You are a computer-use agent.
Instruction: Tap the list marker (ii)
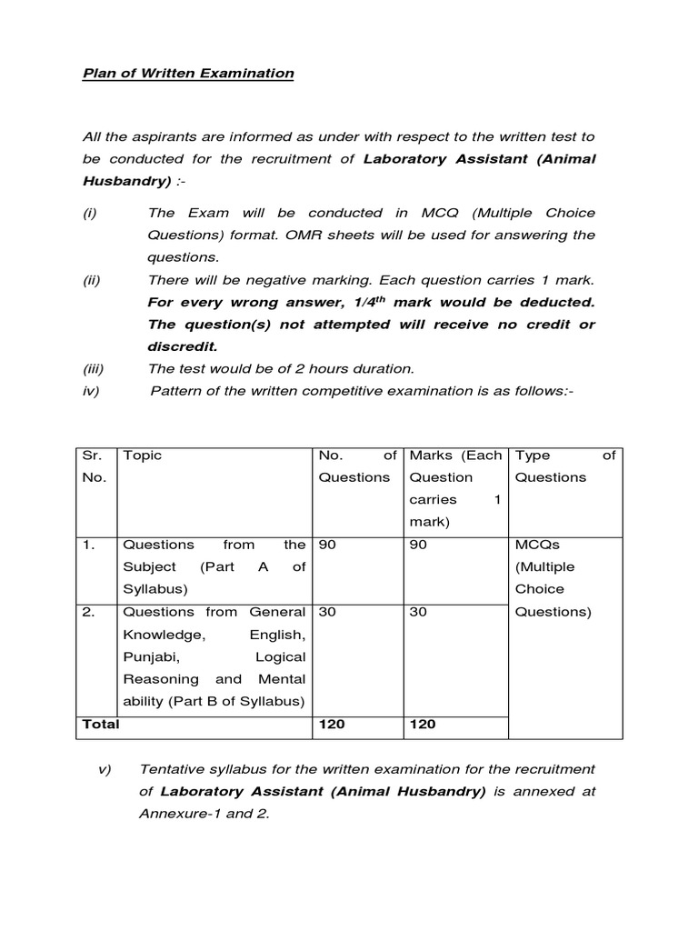click(92, 279)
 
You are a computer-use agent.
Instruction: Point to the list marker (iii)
click(94, 368)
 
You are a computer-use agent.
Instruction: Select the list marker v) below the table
click(104, 769)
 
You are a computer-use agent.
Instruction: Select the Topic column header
click(142, 455)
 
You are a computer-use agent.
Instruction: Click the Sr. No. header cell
click(93, 466)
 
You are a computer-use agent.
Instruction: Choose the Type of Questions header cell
click(564, 466)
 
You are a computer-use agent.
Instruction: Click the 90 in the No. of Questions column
click(327, 545)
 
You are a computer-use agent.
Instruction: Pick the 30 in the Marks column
click(418, 612)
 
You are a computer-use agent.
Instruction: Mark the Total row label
click(101, 724)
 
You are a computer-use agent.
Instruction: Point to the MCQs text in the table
click(537, 545)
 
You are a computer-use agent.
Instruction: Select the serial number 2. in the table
click(89, 612)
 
